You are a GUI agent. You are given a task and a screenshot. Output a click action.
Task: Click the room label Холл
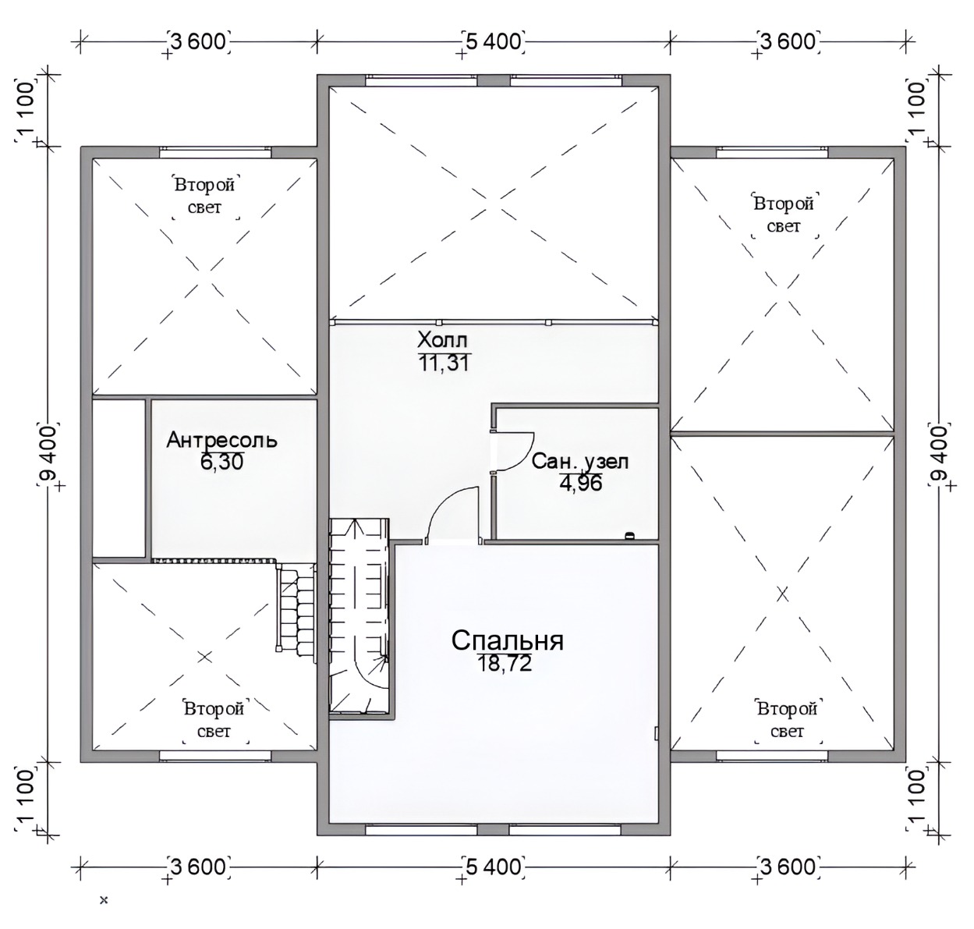(442, 341)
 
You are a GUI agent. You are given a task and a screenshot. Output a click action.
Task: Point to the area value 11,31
(444, 363)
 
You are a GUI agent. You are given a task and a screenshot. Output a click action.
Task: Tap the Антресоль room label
(221, 440)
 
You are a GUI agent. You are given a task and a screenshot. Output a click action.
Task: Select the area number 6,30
(221, 462)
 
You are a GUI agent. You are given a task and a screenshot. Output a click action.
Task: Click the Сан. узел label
(579, 462)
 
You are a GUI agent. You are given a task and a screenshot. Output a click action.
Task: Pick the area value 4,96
(581, 483)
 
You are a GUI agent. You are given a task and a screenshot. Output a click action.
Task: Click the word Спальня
(508, 640)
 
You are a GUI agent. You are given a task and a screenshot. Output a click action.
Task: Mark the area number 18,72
(505, 663)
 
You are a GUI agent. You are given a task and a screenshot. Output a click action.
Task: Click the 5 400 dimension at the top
(494, 41)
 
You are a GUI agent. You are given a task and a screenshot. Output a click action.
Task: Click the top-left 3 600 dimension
(199, 41)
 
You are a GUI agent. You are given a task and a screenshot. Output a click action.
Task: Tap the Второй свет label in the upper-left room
(205, 197)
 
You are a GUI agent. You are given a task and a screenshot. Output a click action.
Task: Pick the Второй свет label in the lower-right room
(788, 720)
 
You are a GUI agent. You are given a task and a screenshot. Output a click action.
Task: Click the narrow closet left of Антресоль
(119, 478)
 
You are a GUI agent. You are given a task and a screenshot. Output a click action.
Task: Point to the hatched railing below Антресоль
(214, 561)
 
